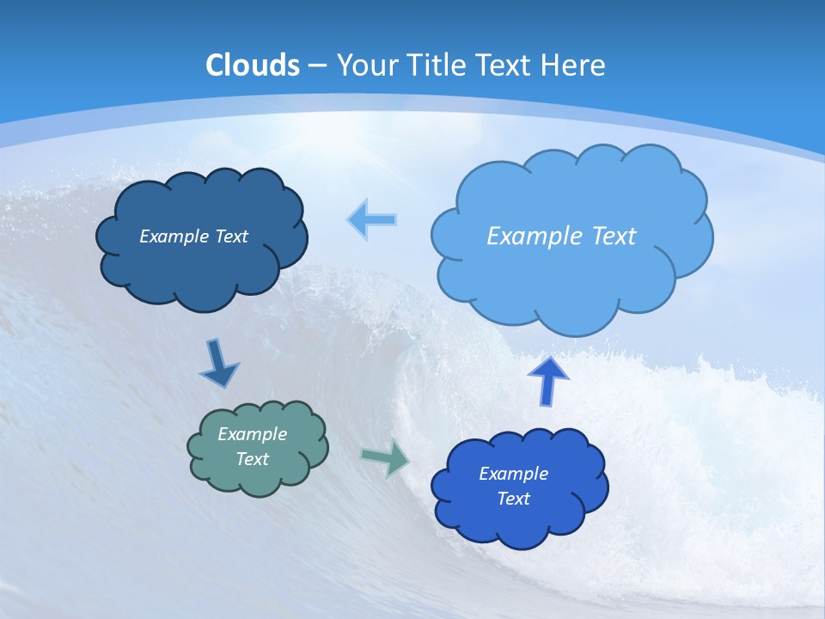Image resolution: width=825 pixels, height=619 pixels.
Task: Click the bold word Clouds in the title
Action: click(253, 65)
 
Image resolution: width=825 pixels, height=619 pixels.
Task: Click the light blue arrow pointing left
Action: click(372, 220)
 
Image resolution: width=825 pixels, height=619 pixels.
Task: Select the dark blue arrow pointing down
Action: click(219, 364)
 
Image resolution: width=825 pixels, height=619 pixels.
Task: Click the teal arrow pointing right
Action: click(386, 457)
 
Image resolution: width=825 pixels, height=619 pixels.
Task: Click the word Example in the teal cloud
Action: click(252, 434)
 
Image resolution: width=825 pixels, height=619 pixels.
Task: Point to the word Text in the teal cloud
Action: click(253, 459)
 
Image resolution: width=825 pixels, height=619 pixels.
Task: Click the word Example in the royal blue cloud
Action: click(513, 474)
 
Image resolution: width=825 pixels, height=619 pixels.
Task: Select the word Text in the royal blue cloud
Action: click(513, 499)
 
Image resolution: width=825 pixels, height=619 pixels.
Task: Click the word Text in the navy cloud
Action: click(231, 236)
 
